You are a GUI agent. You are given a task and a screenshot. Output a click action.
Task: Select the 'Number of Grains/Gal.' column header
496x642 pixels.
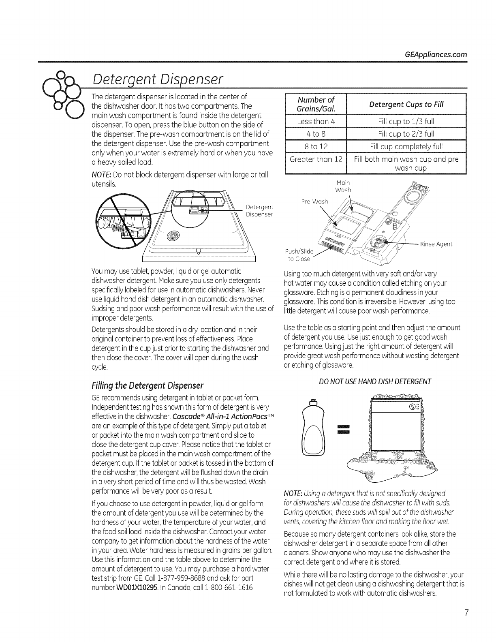pos(316,105)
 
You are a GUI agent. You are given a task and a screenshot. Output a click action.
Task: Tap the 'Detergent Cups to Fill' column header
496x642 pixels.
pos(406,105)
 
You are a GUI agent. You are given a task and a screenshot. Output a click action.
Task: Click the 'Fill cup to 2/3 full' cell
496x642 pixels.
pos(406,134)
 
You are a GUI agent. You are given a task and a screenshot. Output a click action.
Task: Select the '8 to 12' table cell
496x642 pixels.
pos(316,146)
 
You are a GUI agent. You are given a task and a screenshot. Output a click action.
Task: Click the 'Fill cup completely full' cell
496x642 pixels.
pos(406,146)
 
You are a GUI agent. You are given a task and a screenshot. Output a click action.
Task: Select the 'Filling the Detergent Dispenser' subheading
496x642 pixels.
pos(148,384)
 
